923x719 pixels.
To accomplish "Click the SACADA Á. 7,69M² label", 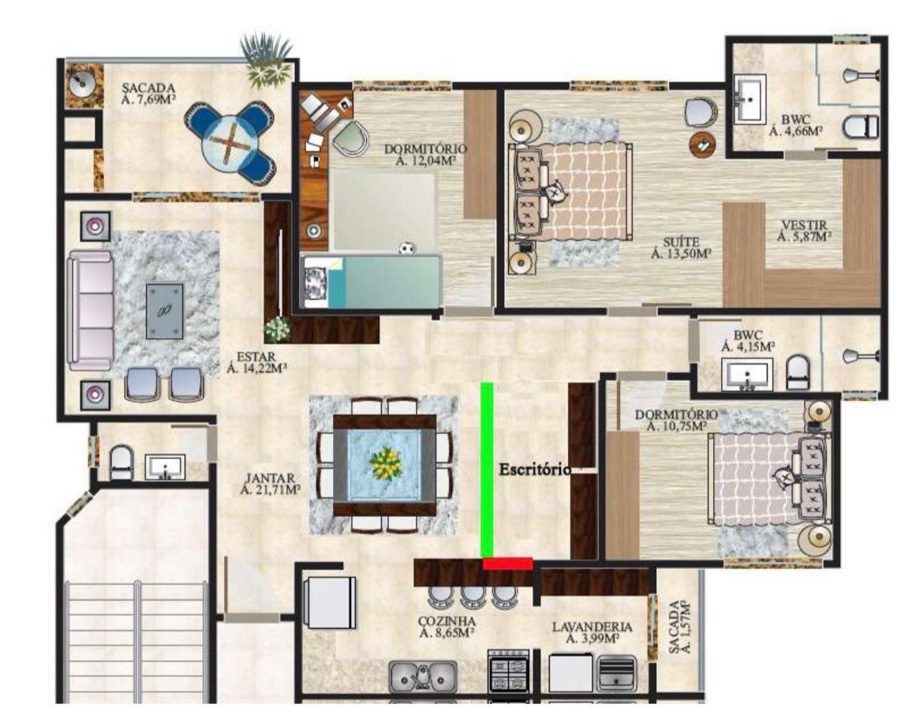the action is coord(148,94).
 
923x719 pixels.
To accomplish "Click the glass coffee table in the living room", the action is coord(164,311).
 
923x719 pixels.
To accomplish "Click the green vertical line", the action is coord(487,470).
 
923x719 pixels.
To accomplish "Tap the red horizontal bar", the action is coord(507,564).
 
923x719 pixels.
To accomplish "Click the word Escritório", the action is coord(535,470).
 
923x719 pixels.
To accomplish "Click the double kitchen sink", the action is coord(423,676).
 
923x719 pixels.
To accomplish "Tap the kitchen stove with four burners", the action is coord(509,672).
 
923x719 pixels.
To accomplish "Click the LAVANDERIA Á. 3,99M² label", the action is coord(592,633).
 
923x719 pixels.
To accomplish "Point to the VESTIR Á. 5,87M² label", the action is coord(804,230).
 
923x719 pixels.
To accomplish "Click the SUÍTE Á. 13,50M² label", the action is coord(682,248).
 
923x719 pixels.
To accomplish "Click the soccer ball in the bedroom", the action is coord(406,249).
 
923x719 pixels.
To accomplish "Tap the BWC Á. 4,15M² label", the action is coord(748,342).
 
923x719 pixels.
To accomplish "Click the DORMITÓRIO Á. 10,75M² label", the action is coord(676,421).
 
